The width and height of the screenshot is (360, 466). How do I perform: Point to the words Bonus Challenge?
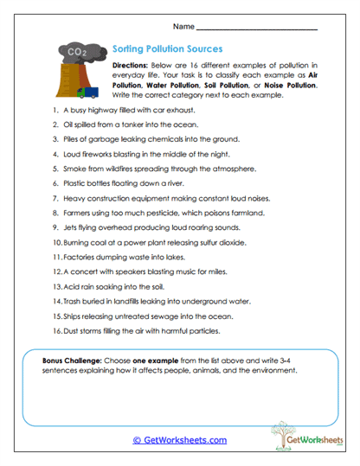click(74, 358)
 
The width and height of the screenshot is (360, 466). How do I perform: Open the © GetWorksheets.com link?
click(180, 439)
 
